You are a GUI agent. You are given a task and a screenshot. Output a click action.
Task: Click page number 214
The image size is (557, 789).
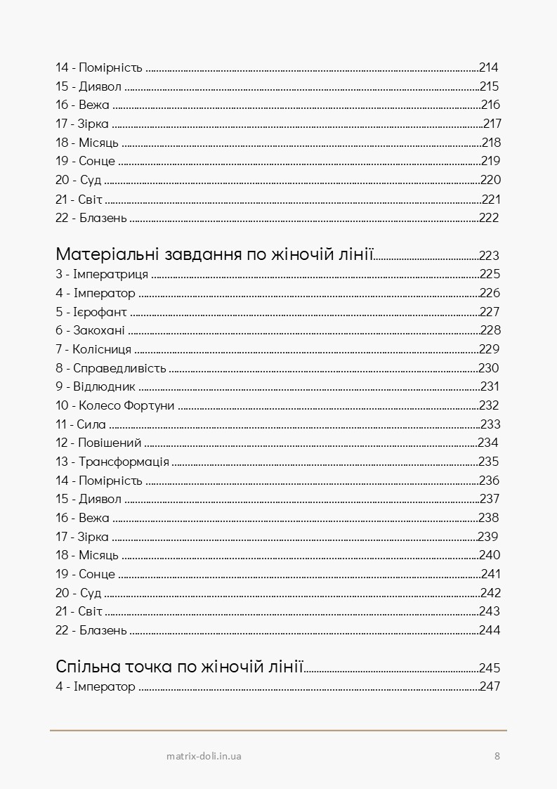(x=489, y=68)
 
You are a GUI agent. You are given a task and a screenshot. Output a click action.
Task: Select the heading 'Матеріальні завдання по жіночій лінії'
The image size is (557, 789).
(x=214, y=254)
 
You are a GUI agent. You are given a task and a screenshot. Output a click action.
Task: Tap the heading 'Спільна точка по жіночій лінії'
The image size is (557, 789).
(x=178, y=666)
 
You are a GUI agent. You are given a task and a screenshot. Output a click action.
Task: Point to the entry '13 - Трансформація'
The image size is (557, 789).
(x=112, y=462)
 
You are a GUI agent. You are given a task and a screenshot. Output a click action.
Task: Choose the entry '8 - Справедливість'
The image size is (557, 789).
(x=110, y=368)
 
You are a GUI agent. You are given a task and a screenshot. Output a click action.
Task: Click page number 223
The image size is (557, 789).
(x=489, y=256)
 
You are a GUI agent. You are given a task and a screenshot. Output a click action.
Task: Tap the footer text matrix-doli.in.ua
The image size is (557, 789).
(x=204, y=756)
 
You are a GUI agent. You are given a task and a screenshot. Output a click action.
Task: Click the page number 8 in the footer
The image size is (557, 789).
(x=497, y=756)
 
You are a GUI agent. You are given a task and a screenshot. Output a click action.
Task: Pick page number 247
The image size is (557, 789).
(x=490, y=686)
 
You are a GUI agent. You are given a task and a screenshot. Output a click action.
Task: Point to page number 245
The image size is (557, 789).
(x=490, y=668)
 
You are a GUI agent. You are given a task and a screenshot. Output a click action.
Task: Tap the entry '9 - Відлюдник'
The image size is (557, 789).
(x=95, y=386)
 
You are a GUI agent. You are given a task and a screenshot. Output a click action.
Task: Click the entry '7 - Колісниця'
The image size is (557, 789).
(x=93, y=349)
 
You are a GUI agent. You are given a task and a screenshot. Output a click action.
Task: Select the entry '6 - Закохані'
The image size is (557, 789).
(x=90, y=330)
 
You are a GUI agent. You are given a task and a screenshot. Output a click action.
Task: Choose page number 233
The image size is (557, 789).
(x=490, y=424)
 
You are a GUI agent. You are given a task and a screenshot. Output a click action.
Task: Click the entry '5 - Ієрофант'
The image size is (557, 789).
(x=91, y=312)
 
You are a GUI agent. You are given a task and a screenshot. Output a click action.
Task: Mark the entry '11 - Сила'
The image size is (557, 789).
(x=80, y=424)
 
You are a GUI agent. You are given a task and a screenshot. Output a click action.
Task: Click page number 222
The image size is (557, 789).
(x=489, y=218)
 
